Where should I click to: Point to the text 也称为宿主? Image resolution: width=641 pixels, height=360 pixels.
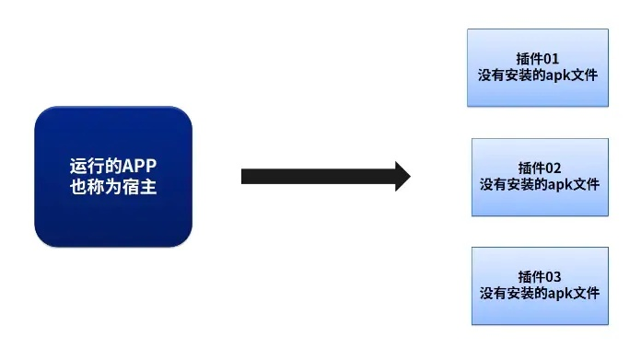click(x=112, y=188)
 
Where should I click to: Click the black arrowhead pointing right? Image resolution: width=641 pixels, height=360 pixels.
click(x=402, y=176)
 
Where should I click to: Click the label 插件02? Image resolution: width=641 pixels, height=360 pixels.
click(x=539, y=168)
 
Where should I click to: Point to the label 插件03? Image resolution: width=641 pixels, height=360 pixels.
click(x=539, y=276)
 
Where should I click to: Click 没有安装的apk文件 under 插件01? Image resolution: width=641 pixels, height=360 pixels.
click(x=539, y=75)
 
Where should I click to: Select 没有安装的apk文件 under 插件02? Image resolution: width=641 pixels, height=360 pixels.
click(x=539, y=184)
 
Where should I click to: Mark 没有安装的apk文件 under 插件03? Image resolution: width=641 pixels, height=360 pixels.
click(x=539, y=293)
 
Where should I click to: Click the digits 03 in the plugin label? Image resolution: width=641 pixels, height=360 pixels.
click(x=552, y=276)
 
